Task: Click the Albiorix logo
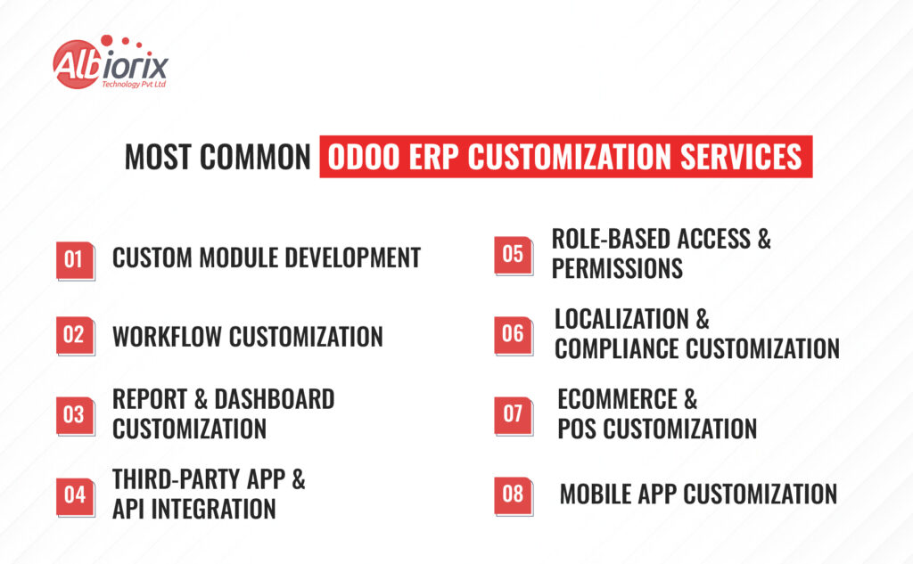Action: (110, 62)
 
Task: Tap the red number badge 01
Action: (76, 261)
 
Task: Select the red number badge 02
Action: (76, 336)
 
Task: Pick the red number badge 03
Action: (76, 416)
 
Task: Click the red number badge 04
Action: (76, 496)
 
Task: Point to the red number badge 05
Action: (514, 256)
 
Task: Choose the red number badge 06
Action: (514, 336)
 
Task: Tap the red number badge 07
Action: (514, 416)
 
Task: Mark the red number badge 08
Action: (514, 496)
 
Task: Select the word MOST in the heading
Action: (158, 158)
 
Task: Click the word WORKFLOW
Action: (167, 337)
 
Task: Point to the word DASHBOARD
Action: (275, 400)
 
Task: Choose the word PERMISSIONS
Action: (617, 269)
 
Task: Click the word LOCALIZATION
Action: (621, 320)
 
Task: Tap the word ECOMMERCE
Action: (617, 400)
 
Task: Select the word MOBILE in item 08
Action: (596, 495)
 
